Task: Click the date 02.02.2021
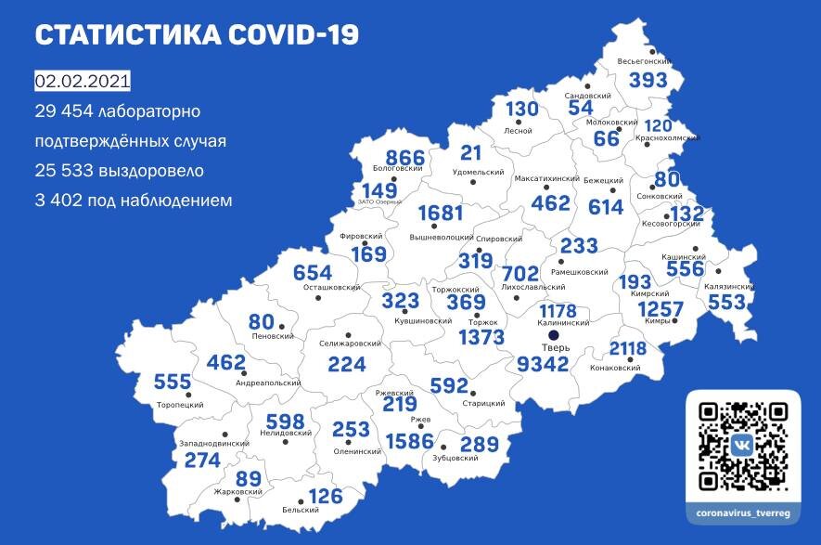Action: click(83, 82)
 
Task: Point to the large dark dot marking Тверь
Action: click(553, 335)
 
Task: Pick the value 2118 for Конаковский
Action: click(640, 348)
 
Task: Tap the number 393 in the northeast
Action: click(648, 81)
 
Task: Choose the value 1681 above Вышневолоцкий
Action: click(440, 214)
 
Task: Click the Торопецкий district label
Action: click(180, 405)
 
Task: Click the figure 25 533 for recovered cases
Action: click(67, 171)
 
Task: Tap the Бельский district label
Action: click(300, 511)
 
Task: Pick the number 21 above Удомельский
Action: click(471, 153)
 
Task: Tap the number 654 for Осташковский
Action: click(313, 273)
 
